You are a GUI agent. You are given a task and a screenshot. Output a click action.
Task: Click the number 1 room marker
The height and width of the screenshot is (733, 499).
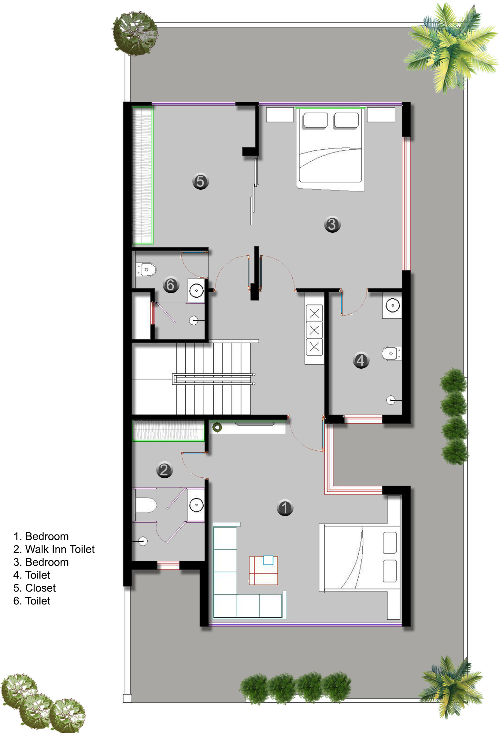pos(285,508)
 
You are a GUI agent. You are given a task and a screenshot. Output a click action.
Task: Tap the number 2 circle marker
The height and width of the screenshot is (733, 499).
pos(164,470)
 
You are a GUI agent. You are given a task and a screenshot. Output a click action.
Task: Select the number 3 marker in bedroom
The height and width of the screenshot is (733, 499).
pos(332,224)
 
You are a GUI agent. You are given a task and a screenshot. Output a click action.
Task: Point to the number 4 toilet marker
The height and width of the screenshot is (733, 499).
pos(361,360)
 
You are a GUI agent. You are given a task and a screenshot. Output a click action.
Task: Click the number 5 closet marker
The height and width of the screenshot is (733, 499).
pos(201,181)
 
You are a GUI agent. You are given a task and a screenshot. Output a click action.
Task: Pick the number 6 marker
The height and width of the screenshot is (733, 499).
pos(171,285)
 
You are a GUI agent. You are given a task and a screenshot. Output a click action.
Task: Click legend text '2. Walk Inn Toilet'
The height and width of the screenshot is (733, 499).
pos(54,549)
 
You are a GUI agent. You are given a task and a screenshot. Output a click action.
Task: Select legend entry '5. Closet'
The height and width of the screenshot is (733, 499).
pos(35,588)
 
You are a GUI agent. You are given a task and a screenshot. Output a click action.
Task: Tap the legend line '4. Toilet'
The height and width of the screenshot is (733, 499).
pos(31,575)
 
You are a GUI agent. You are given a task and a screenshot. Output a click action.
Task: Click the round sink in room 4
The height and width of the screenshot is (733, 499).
pos(393,305)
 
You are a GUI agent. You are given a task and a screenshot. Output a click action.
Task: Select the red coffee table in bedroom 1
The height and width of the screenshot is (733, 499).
pos(263,570)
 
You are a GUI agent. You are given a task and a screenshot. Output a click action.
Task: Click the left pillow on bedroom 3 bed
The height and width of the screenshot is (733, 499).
pos(315,120)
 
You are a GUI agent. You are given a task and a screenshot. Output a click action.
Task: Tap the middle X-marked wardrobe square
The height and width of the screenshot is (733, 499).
pos(314,330)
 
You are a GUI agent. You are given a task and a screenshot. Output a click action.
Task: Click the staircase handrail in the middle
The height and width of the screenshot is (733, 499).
pos(213,379)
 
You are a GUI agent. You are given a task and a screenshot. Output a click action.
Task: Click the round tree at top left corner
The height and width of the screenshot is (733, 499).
pos(135,33)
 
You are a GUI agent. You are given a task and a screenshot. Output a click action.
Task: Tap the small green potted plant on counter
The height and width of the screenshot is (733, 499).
pos(217,428)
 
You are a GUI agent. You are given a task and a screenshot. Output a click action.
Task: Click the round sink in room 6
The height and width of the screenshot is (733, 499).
pos(196,290)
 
